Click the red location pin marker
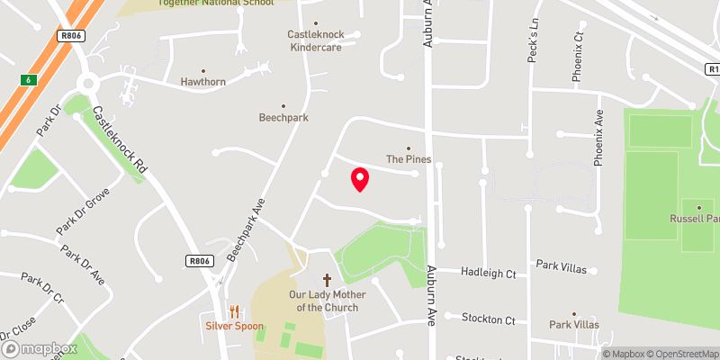[x=360, y=179]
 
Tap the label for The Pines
[x=409, y=159]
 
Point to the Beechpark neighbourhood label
[x=283, y=117]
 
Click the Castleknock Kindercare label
[x=315, y=40]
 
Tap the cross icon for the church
[x=326, y=281]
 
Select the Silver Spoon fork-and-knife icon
[x=234, y=311]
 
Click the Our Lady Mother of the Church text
[x=323, y=301]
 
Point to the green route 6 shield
[x=27, y=80]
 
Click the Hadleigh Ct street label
[x=488, y=272]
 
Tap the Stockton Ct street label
[x=488, y=319]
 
